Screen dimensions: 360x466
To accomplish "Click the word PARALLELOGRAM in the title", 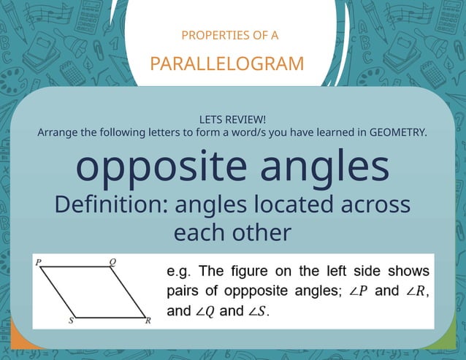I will point(227,64).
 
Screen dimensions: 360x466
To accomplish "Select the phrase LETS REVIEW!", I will point(232,119).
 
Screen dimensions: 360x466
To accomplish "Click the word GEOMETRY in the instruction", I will point(396,132).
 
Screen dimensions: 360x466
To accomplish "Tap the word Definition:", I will point(112,204).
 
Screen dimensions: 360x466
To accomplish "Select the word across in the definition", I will point(372,204).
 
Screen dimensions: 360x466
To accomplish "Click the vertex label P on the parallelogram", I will point(38,261).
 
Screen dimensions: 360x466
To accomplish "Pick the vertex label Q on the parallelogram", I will point(112,261).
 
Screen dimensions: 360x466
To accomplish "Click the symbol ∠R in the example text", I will point(414,293).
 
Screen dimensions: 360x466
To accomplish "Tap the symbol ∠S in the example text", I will point(258,312).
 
